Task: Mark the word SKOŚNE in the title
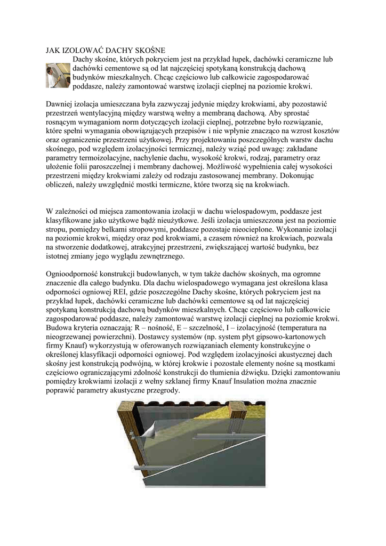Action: click(147, 50)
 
